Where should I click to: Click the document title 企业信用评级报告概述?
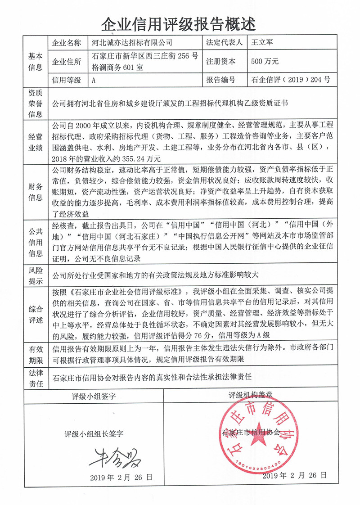click(180, 22)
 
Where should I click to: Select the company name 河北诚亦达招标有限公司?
click(132, 43)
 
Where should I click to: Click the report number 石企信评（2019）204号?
click(291, 80)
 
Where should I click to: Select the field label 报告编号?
click(220, 80)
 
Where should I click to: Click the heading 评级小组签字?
click(94, 397)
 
